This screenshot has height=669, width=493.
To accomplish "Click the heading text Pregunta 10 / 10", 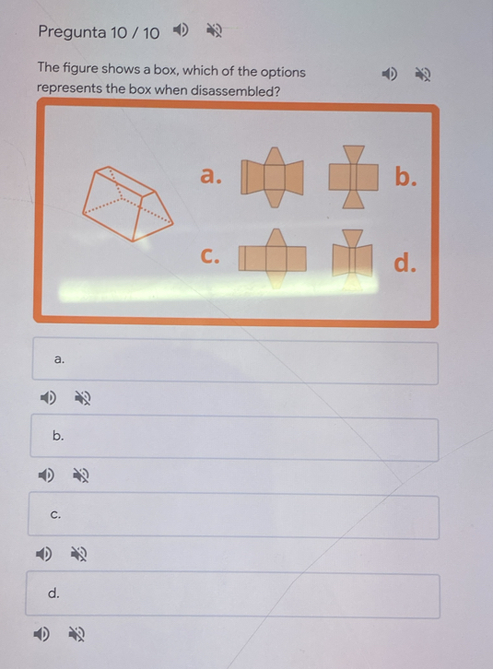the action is [x=99, y=32].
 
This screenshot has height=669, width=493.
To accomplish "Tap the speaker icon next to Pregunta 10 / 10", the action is [x=180, y=29].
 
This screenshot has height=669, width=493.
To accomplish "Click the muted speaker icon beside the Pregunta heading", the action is [x=214, y=30].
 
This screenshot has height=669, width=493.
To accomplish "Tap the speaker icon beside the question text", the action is [x=389, y=75].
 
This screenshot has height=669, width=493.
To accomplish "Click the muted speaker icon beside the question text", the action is [x=423, y=75].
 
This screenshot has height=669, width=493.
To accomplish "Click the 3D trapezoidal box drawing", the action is [x=127, y=204].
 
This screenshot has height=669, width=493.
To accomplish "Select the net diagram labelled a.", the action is [x=273, y=177].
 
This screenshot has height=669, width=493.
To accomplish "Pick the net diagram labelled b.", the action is [x=354, y=177].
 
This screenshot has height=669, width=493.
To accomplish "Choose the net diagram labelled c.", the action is [x=273, y=258].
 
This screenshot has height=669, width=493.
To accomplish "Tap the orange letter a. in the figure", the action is [x=211, y=175].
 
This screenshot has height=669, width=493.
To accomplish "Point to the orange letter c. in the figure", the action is [x=210, y=255].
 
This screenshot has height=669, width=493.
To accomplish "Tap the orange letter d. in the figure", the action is [x=405, y=262].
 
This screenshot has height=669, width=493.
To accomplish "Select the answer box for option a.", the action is [x=235, y=361].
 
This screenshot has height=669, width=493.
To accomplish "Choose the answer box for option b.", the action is [x=234, y=439].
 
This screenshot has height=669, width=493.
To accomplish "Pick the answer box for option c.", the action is [x=233, y=516].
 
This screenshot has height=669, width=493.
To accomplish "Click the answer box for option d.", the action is [x=232, y=595].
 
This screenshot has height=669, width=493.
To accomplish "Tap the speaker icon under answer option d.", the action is [x=41, y=634].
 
